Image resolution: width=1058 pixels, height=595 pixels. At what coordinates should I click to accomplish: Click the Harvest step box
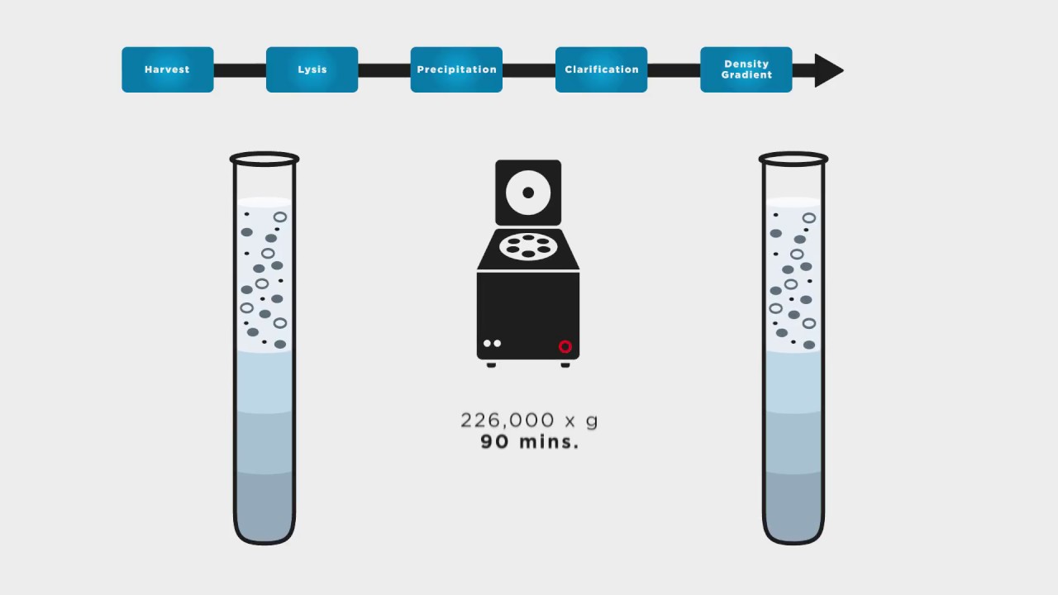coord(168,69)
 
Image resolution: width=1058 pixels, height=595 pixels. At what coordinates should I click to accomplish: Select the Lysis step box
coord(312,69)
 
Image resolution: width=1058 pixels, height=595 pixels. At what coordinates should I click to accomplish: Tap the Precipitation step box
coord(457,69)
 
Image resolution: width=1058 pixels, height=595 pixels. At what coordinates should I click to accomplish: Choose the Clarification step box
coord(601,69)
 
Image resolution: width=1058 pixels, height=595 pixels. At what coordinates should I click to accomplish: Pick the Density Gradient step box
coord(746,69)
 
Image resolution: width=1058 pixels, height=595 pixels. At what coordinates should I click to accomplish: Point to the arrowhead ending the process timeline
coord(827,70)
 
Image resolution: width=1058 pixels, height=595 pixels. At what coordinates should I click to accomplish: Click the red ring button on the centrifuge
coord(565,346)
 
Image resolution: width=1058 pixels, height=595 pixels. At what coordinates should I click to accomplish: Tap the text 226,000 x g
coord(529,420)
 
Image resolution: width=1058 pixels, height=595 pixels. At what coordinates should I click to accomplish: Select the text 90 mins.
coord(529,442)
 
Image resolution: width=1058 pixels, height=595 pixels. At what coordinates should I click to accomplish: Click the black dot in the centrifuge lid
coord(528,193)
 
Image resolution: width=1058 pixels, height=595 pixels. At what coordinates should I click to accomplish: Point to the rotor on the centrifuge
coord(528,246)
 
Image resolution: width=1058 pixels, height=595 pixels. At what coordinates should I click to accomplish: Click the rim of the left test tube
coord(264,153)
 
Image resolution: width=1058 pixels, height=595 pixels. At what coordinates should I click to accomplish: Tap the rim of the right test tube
coord(793,153)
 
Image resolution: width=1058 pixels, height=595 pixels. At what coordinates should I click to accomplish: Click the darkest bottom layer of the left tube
coord(264,505)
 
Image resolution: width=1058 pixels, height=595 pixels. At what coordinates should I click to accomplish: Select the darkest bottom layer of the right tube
coord(793,505)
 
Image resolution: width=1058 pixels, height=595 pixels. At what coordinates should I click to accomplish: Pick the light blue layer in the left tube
coord(264,382)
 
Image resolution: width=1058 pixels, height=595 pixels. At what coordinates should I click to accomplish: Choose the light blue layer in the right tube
coord(793,382)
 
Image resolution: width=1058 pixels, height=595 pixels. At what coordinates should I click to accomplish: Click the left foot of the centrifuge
coord(491,365)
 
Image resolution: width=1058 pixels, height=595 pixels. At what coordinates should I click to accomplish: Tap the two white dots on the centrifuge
coord(492,343)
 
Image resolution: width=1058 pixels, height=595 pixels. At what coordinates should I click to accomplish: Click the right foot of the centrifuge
coord(565,365)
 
